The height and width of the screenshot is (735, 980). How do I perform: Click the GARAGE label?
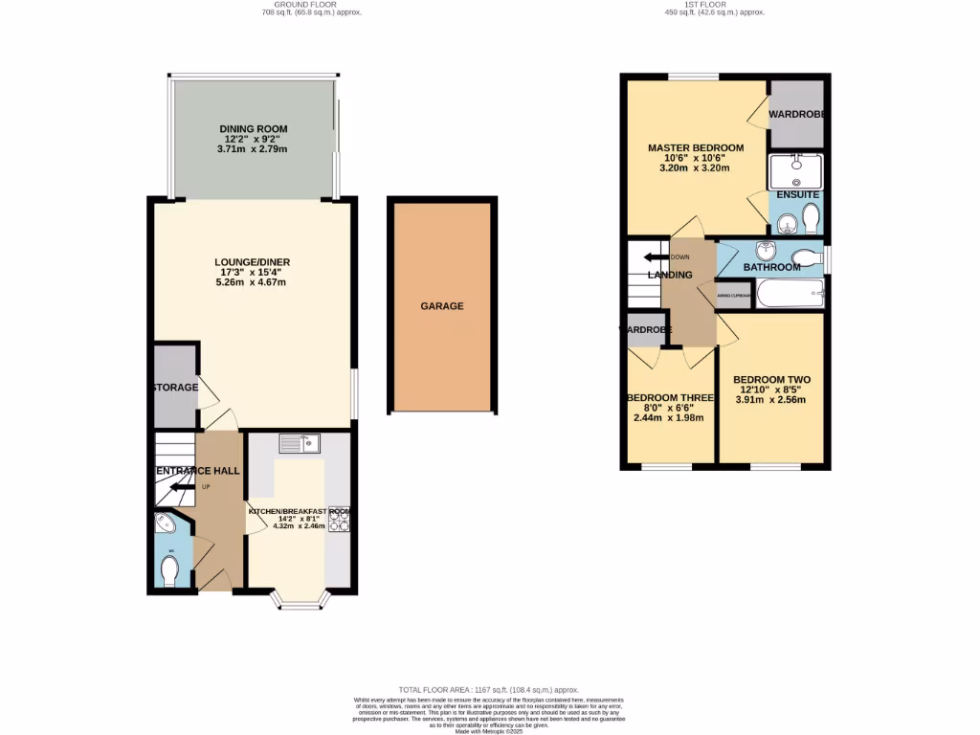point(442,306)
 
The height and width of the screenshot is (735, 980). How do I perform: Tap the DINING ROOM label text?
point(254,129)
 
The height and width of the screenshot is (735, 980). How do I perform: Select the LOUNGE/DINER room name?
point(254,262)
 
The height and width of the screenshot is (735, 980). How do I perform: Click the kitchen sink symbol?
point(301,443)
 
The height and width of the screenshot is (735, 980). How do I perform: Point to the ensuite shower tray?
point(794,170)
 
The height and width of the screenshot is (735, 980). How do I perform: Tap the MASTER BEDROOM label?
point(695,147)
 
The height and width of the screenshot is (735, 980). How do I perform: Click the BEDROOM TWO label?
point(771,380)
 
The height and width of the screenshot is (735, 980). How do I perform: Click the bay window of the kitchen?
point(301,600)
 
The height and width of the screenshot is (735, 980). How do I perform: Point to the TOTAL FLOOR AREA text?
point(489,690)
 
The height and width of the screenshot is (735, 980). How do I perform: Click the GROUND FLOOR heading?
point(311,5)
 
